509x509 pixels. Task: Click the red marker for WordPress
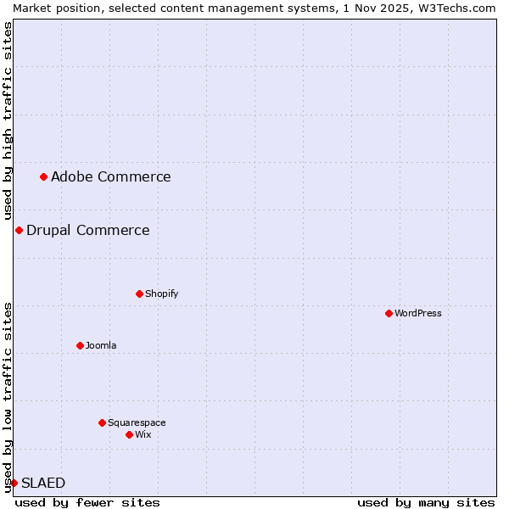(389, 313)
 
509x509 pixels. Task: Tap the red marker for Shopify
(140, 294)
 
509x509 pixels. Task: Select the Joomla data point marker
(81, 345)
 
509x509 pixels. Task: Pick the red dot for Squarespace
(103, 422)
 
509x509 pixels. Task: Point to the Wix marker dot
(130, 434)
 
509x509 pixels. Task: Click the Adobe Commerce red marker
(44, 176)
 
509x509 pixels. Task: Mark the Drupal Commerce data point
(19, 230)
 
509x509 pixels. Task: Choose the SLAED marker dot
(14, 483)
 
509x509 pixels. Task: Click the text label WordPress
(418, 313)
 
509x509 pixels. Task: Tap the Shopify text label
(162, 294)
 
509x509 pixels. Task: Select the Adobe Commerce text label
(111, 176)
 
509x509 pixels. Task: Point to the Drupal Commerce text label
(88, 230)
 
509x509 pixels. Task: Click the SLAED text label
(43, 483)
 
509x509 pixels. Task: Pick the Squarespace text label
(137, 422)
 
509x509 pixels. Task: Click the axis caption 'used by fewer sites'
(87, 502)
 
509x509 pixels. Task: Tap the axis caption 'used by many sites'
(426, 502)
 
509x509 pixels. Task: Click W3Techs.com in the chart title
(454, 8)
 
